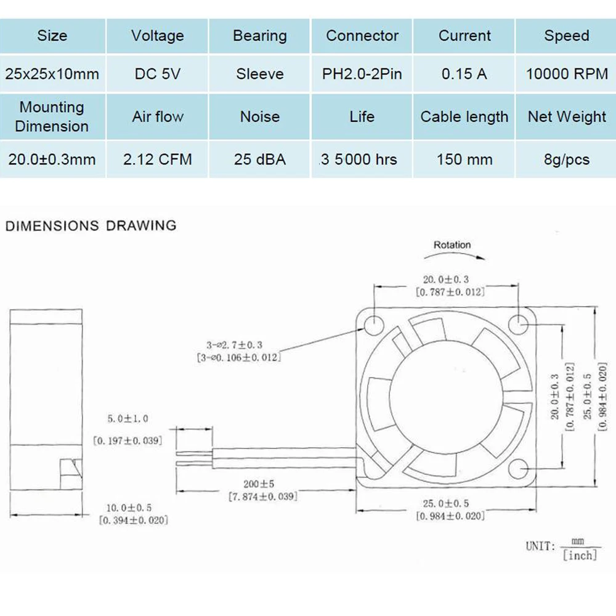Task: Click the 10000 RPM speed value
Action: [566, 74]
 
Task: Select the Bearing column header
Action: [259, 36]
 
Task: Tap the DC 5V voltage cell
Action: [157, 74]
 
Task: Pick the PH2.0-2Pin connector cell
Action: [362, 74]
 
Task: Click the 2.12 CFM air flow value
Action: [157, 160]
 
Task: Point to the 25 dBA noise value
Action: [259, 160]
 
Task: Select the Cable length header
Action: [464, 116]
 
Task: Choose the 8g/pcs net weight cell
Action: [566, 160]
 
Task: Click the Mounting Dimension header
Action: [52, 116]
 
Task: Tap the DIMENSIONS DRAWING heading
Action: [91, 225]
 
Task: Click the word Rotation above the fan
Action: [452, 245]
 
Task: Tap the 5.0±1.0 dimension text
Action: [127, 419]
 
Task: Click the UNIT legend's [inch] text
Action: [580, 556]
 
